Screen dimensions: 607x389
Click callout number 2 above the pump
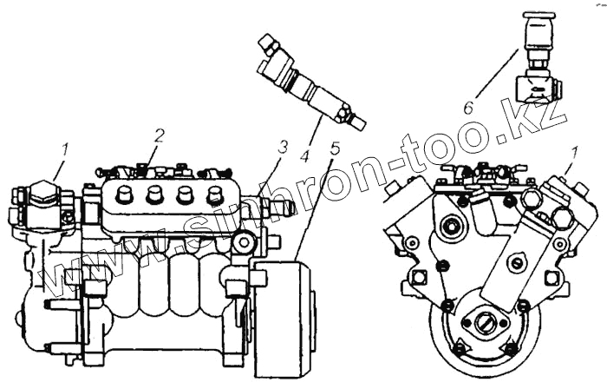[159, 135]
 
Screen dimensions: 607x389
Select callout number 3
[283, 147]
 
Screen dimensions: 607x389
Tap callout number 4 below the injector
[304, 156]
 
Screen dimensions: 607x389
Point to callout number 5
[335, 148]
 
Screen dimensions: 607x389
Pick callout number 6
[468, 107]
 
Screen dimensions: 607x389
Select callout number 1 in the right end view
[574, 153]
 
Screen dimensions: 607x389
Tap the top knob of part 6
[538, 15]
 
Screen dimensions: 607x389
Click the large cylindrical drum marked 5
[282, 319]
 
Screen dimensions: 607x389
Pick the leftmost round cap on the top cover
[123, 193]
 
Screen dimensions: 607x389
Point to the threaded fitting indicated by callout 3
[276, 207]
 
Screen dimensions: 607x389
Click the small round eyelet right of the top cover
[244, 242]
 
